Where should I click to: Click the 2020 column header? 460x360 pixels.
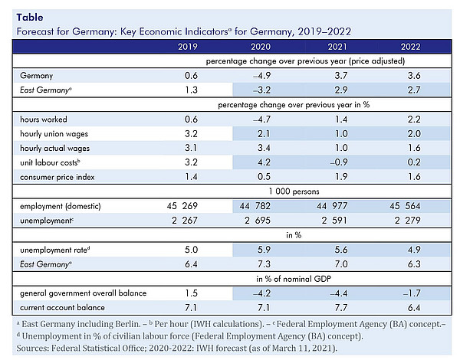pos(261,47)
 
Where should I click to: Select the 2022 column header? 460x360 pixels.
pos(410,47)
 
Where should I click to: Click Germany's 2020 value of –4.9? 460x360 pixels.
pos(261,76)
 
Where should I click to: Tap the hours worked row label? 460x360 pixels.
pos(44,119)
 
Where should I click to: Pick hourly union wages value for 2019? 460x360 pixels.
pos(191,134)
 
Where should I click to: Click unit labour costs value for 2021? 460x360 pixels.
pos(339,162)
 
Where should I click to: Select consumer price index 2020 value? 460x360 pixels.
pos(264,176)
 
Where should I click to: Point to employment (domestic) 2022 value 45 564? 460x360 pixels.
pos(405,206)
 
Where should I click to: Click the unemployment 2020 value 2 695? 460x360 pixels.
pos(258,220)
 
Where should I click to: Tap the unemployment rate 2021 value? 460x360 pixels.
pos(341,250)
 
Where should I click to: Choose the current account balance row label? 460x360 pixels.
pos(62,307)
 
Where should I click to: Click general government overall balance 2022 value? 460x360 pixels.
pos(412,293)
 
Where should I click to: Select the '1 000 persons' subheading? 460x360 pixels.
pos(294,191)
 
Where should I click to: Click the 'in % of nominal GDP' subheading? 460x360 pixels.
pos(294,279)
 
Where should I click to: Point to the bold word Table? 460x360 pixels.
pos(30,18)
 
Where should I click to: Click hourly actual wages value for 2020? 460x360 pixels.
pos(264,148)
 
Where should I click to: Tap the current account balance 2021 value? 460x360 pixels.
pos(341,307)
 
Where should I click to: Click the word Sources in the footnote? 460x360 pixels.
pos(32,348)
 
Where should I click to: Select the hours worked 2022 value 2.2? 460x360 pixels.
pos(414,119)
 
